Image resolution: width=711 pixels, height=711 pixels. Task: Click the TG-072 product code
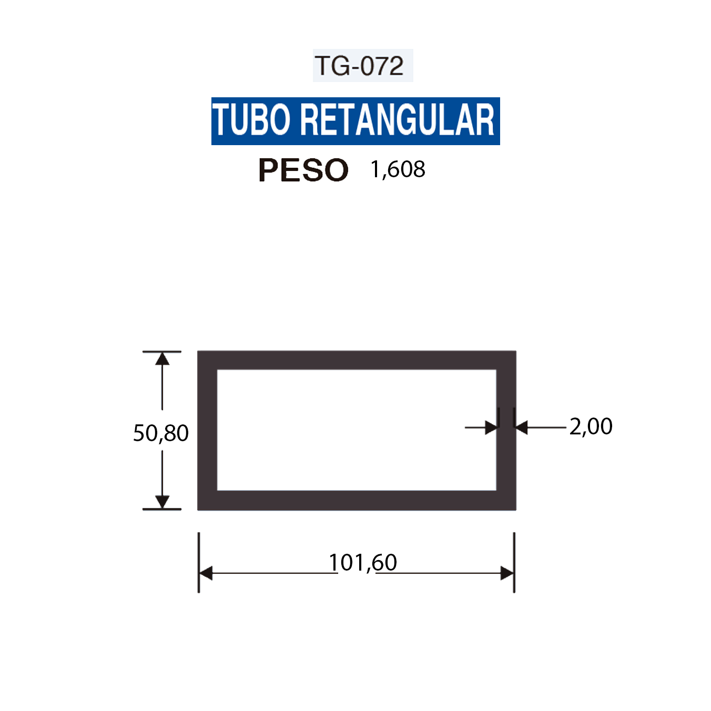(360, 66)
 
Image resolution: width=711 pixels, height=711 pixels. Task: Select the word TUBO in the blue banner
(251, 120)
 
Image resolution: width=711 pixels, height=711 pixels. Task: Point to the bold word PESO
(303, 170)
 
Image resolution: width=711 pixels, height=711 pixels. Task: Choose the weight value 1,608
(398, 169)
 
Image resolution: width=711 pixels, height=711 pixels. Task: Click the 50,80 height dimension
(160, 433)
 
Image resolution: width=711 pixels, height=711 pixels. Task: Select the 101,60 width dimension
(363, 563)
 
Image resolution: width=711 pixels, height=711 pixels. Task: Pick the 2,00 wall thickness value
(591, 426)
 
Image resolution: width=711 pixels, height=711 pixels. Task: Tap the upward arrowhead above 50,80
(162, 359)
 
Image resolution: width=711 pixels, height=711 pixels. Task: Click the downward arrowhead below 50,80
(162, 501)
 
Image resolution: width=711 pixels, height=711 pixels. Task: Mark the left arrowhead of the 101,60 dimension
(206, 573)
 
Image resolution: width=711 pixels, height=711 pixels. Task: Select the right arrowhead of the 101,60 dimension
(507, 573)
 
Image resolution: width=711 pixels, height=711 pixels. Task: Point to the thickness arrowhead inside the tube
(491, 428)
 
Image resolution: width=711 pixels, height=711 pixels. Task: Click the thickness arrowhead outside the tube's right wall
(522, 428)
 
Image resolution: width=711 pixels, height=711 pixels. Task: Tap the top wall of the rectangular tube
(357, 360)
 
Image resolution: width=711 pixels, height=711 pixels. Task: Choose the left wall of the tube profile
(207, 430)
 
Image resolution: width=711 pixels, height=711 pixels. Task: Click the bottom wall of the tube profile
(357, 500)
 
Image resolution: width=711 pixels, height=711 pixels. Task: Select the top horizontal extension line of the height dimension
(162, 351)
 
